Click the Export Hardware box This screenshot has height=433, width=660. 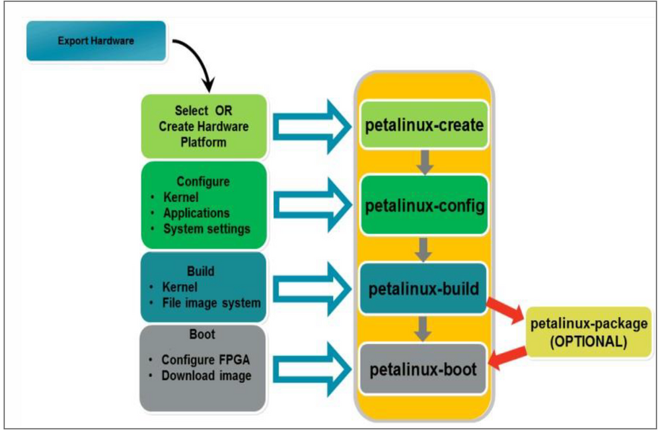(x=96, y=41)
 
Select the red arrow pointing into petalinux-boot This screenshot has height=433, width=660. (x=509, y=358)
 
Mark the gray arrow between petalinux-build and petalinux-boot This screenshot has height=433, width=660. (x=425, y=328)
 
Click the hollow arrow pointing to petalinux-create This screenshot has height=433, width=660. (x=311, y=124)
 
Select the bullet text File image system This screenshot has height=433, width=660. (x=211, y=303)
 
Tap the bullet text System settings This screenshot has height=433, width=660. (x=207, y=229)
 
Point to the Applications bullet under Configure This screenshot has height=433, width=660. (x=196, y=213)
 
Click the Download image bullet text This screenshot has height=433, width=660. (x=206, y=375)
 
